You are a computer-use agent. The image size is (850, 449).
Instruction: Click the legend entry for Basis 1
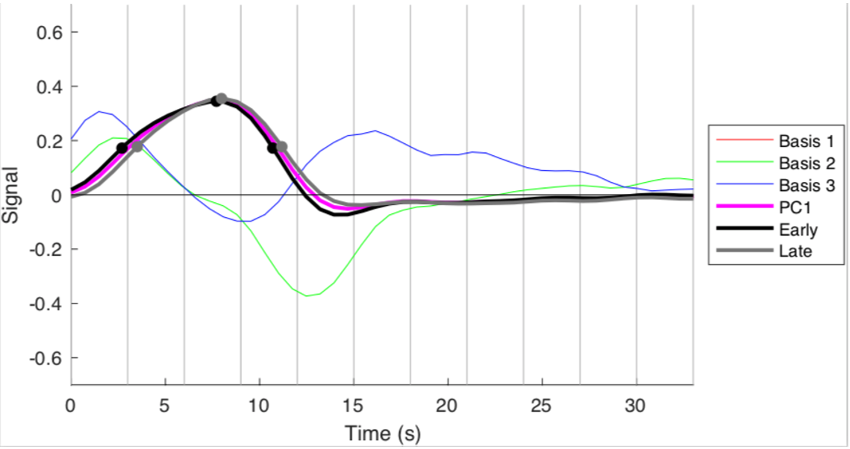797,141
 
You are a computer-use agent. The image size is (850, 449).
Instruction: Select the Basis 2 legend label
797,163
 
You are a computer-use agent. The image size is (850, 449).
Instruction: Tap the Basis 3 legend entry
797,185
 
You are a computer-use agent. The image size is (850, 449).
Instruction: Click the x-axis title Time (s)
382,433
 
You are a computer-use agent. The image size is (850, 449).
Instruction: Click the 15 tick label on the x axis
353,406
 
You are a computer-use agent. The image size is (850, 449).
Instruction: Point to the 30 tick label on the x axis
636,406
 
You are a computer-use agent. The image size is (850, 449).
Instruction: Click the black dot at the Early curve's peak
216,101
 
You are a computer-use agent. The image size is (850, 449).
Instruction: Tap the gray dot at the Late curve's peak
222,98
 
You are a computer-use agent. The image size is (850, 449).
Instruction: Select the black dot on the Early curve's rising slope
122,148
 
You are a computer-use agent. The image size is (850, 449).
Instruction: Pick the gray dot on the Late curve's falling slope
281,147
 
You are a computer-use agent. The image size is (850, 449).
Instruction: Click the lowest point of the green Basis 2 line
307,296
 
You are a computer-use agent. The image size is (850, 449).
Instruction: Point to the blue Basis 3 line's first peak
99,112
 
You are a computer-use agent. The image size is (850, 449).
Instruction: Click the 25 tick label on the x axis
542,406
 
